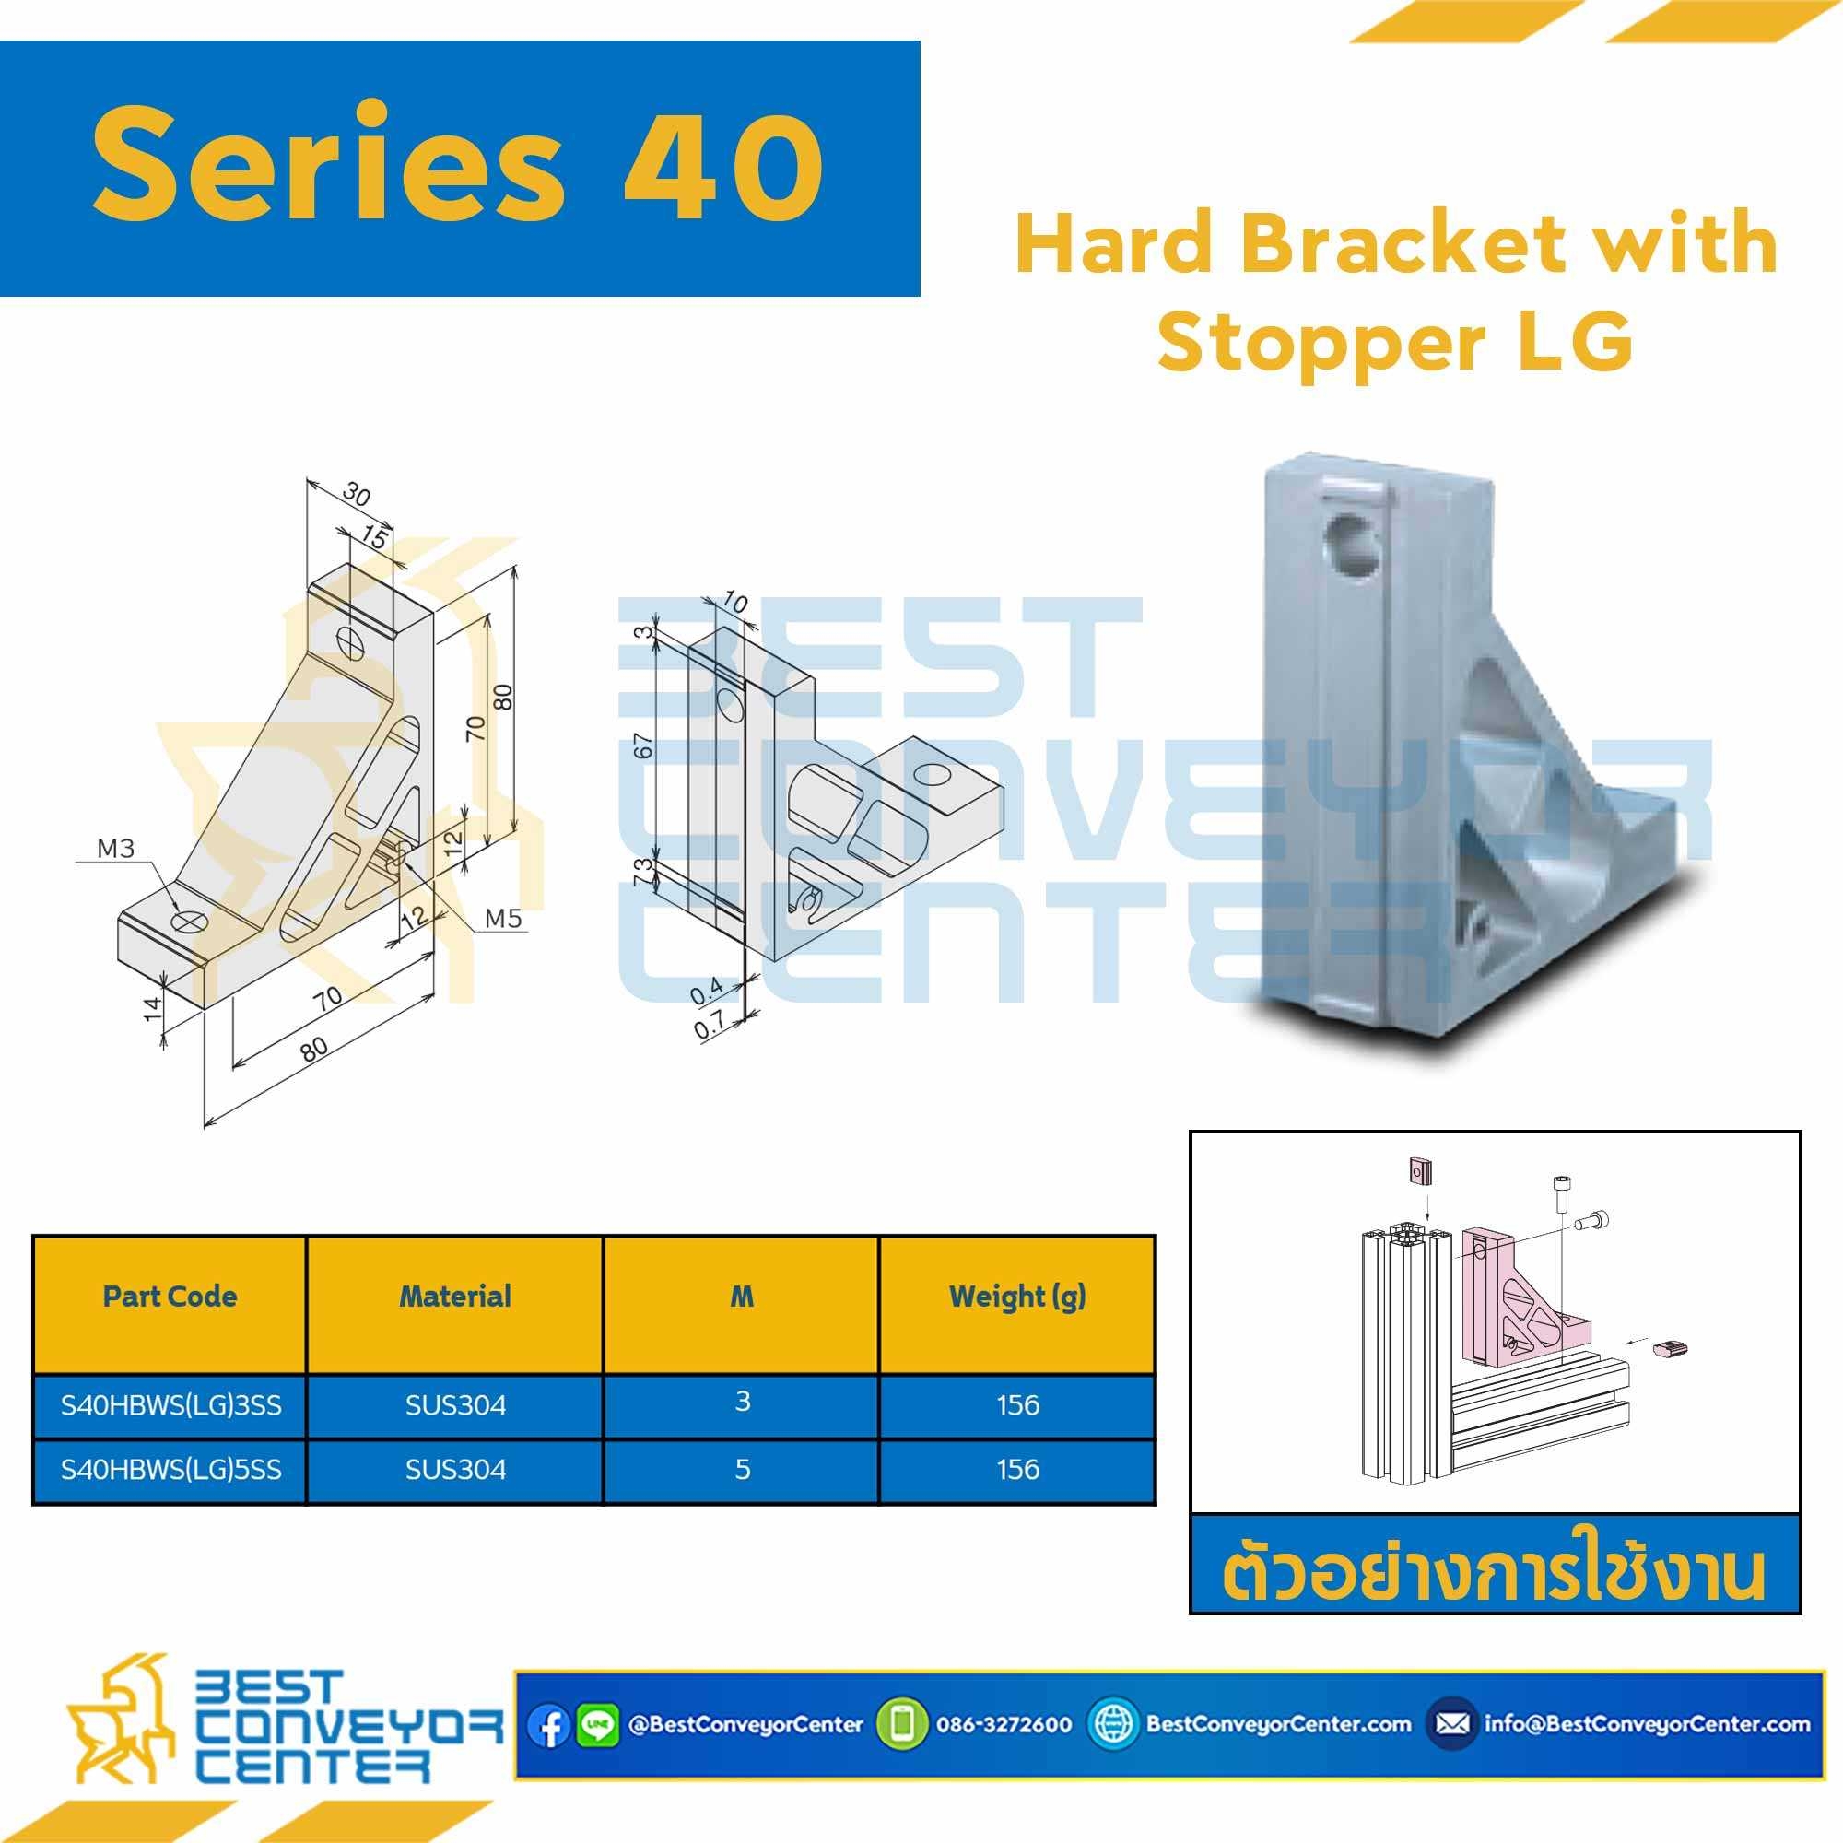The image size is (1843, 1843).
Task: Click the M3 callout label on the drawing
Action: [x=115, y=848]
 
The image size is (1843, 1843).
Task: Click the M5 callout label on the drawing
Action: [x=504, y=918]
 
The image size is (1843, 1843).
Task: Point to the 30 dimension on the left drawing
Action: [x=355, y=495]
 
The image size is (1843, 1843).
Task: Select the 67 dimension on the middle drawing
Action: [x=645, y=745]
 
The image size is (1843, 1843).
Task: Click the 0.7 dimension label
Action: [x=708, y=1027]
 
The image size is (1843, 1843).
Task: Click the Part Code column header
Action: [x=170, y=1296]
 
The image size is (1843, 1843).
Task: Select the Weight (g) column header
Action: [x=1017, y=1297]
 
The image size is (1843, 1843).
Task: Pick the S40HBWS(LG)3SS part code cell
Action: [x=170, y=1405]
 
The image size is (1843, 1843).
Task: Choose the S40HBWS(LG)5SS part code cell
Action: [x=170, y=1469]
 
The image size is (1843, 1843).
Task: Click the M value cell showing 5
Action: [x=742, y=1469]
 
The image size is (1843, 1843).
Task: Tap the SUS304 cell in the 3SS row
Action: [x=455, y=1405]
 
